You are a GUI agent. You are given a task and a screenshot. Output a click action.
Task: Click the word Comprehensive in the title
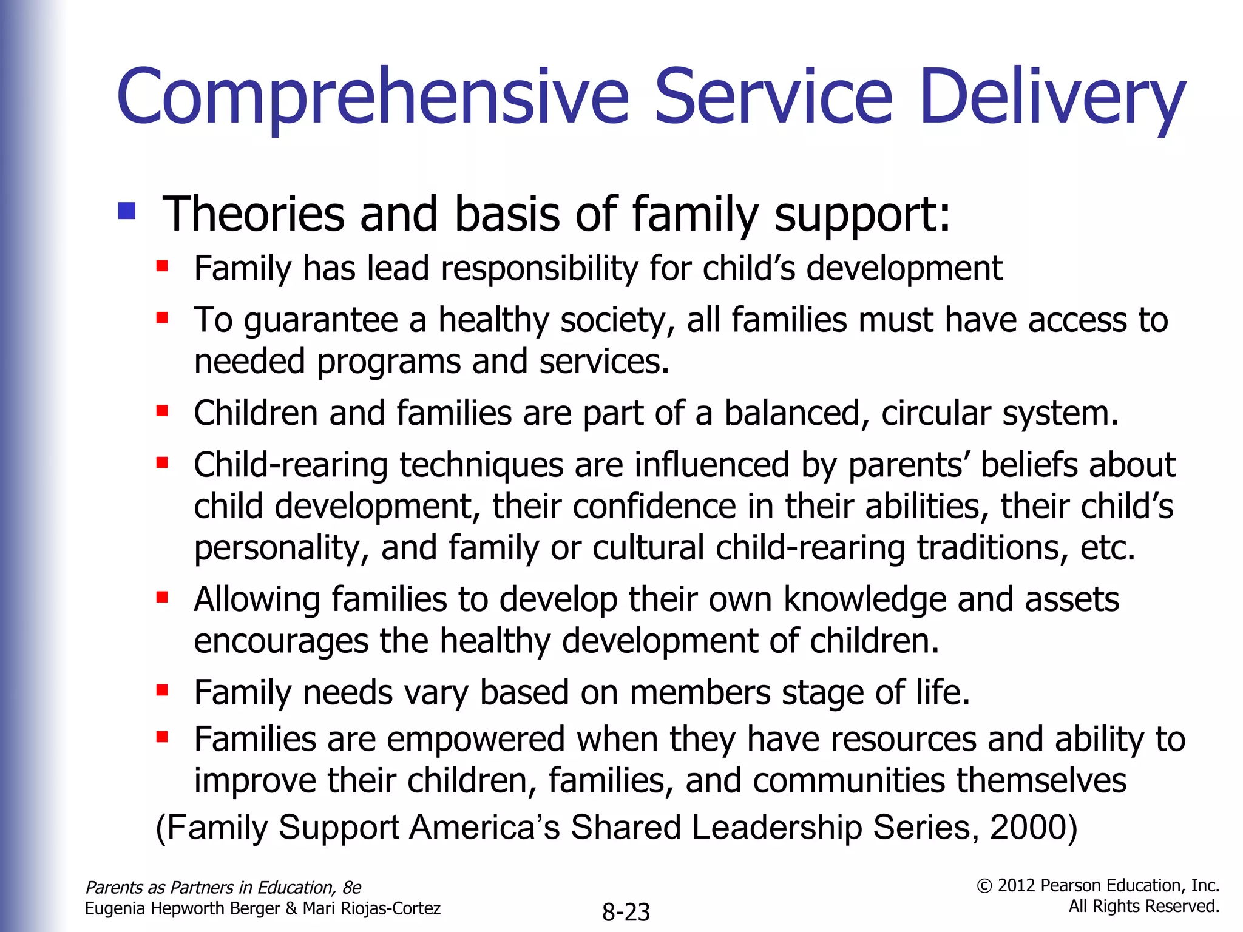(373, 97)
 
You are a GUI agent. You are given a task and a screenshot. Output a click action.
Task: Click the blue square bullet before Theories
(127, 211)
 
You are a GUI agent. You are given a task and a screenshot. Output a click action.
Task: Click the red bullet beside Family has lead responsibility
(162, 266)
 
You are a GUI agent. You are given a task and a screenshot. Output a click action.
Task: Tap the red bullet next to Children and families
(162, 411)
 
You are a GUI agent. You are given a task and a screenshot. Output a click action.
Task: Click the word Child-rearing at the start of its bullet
(290, 465)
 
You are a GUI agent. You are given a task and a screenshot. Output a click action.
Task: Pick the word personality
(281, 548)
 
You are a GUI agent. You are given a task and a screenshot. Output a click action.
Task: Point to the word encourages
(280, 641)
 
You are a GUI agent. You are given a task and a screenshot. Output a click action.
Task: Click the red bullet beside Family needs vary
(162, 690)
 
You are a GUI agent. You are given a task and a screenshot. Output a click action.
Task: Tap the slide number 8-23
(626, 912)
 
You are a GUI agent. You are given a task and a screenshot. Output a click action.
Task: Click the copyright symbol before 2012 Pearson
(984, 886)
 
